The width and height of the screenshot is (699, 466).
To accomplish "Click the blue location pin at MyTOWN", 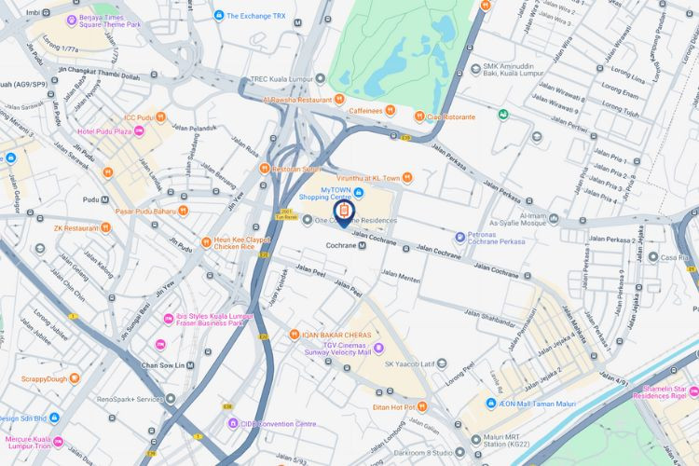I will (342, 214).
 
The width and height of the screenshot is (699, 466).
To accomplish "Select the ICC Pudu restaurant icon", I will (162, 117).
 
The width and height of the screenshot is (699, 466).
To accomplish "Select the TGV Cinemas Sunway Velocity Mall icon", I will (379, 348).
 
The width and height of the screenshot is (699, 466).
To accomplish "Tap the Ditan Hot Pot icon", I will (422, 406).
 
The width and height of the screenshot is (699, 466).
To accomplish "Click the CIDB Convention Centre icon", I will (233, 423).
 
